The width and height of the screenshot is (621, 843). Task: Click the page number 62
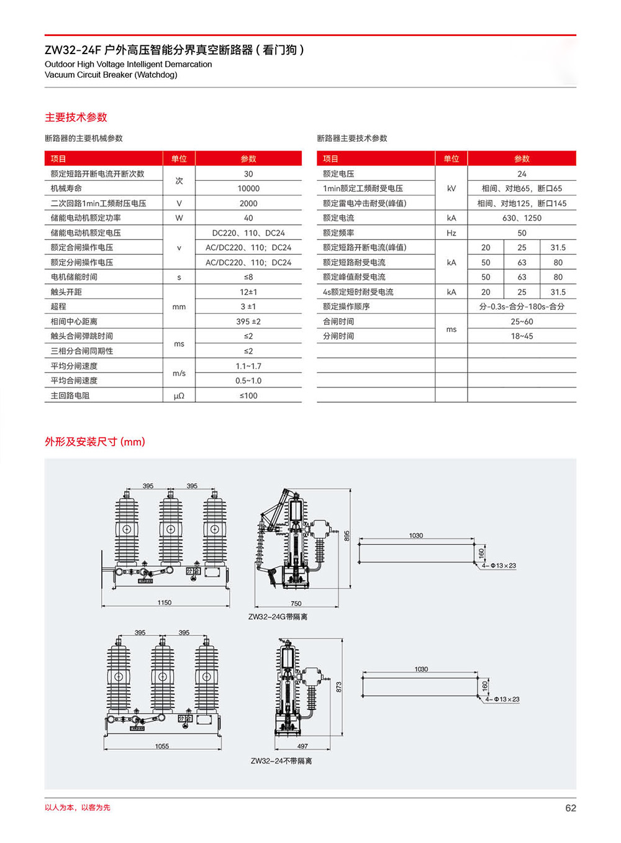(x=570, y=808)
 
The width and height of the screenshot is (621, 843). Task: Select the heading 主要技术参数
(x=76, y=117)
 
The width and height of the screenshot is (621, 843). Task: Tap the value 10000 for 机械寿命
(x=248, y=188)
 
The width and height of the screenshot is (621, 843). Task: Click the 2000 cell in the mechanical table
(x=248, y=203)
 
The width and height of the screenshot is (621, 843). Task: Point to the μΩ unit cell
(x=179, y=396)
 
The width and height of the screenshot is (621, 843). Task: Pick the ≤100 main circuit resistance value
(x=248, y=396)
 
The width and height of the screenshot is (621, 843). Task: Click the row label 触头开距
(x=66, y=292)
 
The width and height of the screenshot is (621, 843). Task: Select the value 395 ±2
(x=248, y=321)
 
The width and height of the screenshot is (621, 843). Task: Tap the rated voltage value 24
(x=522, y=174)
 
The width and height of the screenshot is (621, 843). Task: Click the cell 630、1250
(x=522, y=218)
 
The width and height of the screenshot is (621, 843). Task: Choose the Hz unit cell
(x=451, y=233)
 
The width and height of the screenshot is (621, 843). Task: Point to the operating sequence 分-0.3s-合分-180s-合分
(x=522, y=307)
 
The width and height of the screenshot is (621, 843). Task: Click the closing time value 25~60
(x=522, y=321)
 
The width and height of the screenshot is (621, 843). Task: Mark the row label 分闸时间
(x=338, y=336)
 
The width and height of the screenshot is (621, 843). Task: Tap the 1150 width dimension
(x=165, y=602)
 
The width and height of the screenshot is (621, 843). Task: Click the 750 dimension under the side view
(x=296, y=604)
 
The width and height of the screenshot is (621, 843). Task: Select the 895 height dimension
(x=347, y=535)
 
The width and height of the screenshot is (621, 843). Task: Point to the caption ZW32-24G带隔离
(x=278, y=617)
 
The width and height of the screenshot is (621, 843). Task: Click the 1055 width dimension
(x=162, y=746)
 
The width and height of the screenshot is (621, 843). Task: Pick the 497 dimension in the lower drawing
(x=302, y=746)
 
